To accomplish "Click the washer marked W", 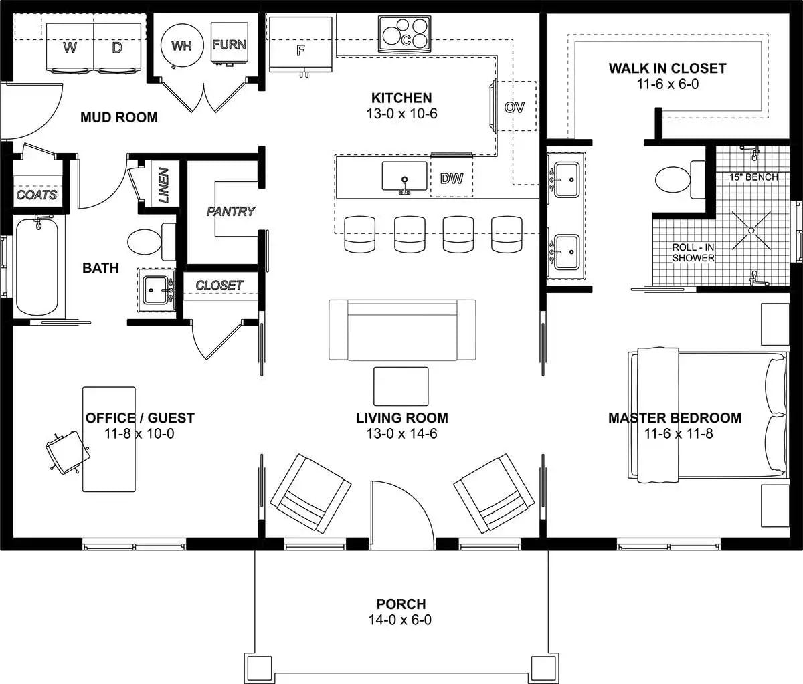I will click(x=69, y=47).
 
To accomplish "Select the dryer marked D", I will click(x=117, y=47).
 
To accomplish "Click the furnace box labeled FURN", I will click(x=230, y=44).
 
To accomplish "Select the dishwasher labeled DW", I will click(x=452, y=179).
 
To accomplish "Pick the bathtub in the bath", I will click(x=37, y=266).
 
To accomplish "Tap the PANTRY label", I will click(x=231, y=211).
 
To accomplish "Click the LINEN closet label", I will click(x=163, y=185).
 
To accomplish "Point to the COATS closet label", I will click(x=37, y=195).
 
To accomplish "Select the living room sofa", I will click(x=401, y=330).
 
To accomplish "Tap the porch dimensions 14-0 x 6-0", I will click(x=400, y=620).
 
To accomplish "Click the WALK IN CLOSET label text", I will click(x=667, y=68).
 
